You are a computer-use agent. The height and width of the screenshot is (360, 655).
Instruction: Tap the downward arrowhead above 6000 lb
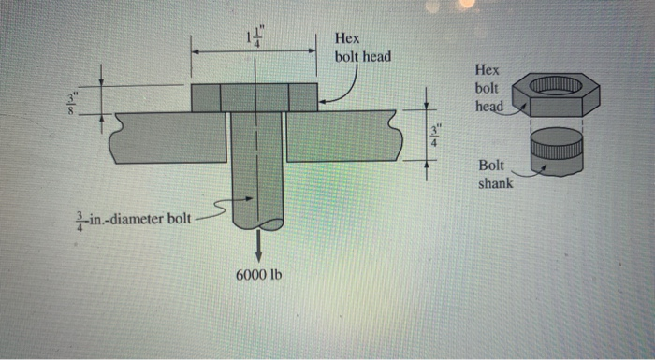click(258, 247)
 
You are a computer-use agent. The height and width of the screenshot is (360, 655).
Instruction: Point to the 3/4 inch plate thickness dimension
click(433, 135)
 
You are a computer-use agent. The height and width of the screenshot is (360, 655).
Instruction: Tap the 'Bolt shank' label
click(495, 174)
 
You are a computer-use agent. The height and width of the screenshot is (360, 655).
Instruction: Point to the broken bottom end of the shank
click(258, 225)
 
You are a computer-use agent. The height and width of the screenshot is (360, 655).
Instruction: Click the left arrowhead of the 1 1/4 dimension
click(196, 52)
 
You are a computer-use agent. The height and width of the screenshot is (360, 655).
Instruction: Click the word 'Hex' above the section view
click(347, 39)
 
